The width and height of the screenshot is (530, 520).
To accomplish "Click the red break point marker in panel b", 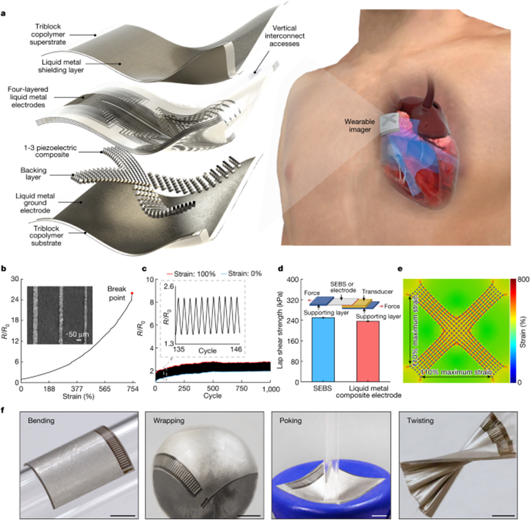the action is point(132,293).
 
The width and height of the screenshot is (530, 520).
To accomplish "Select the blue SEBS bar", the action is point(323,350).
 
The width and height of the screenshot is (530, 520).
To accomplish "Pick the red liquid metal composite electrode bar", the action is point(368,351).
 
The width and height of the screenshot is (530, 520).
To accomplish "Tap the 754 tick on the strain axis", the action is point(132,389).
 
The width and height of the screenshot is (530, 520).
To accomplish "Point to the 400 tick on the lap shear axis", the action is point(293,280).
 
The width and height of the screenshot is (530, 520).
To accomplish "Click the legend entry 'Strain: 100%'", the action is point(191,273).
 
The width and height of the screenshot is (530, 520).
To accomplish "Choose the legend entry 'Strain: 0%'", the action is point(241,273).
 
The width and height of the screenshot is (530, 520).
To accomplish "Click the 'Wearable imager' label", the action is point(360,125).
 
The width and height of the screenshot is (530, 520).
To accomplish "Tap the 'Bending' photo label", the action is point(41,421).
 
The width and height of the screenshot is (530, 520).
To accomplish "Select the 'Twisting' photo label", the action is point(420,421).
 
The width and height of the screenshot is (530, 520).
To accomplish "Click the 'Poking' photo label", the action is point(290,421).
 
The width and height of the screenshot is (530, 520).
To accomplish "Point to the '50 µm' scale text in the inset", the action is point(79,334).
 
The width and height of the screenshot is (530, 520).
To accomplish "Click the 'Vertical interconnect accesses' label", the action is point(285,36).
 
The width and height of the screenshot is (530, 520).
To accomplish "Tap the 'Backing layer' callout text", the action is point(33,174).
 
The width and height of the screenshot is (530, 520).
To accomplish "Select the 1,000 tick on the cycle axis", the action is point(270,389).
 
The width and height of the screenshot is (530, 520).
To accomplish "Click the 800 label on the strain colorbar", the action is point(523,280).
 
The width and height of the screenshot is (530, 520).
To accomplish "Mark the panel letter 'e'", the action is point(400,269).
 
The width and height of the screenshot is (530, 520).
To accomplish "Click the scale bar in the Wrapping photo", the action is point(249,516).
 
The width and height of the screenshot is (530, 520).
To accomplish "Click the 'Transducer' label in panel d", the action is point(378,291).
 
